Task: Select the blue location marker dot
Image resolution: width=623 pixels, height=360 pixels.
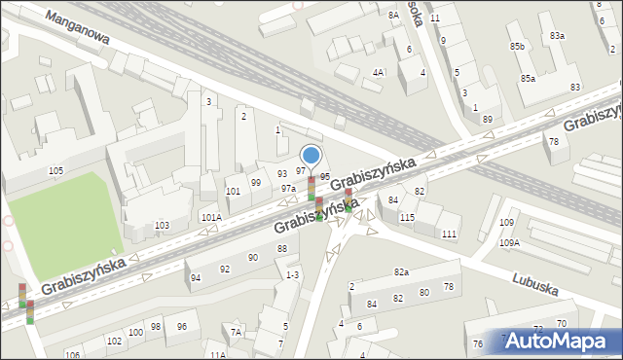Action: pos(311,155)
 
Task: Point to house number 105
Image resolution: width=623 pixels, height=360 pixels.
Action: pos(55,171)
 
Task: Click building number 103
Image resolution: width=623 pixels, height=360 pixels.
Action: pos(162,226)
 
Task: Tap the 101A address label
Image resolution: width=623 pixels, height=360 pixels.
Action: pos(211,217)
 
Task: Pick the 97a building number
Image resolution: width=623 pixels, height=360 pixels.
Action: pos(288,189)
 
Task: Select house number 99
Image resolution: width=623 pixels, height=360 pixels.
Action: pos(256,183)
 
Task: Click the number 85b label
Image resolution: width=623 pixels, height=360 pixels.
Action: pos(517,47)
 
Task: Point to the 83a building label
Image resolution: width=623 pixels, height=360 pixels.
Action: pos(556,36)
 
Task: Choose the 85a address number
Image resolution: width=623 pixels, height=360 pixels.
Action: pos(528,78)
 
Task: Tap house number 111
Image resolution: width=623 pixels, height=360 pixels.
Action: pos(449,234)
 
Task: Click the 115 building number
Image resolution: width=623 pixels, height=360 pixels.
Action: pos(407,217)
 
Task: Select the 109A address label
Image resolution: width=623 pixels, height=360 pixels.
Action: pos(510,242)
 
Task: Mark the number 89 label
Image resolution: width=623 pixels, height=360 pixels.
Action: pos(487,119)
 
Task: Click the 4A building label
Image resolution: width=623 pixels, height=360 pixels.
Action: pos(378,73)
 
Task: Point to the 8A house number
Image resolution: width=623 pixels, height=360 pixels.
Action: pos(393,16)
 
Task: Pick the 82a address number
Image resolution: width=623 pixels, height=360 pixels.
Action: pos(401,271)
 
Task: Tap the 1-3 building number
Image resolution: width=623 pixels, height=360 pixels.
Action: pos(292,275)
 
